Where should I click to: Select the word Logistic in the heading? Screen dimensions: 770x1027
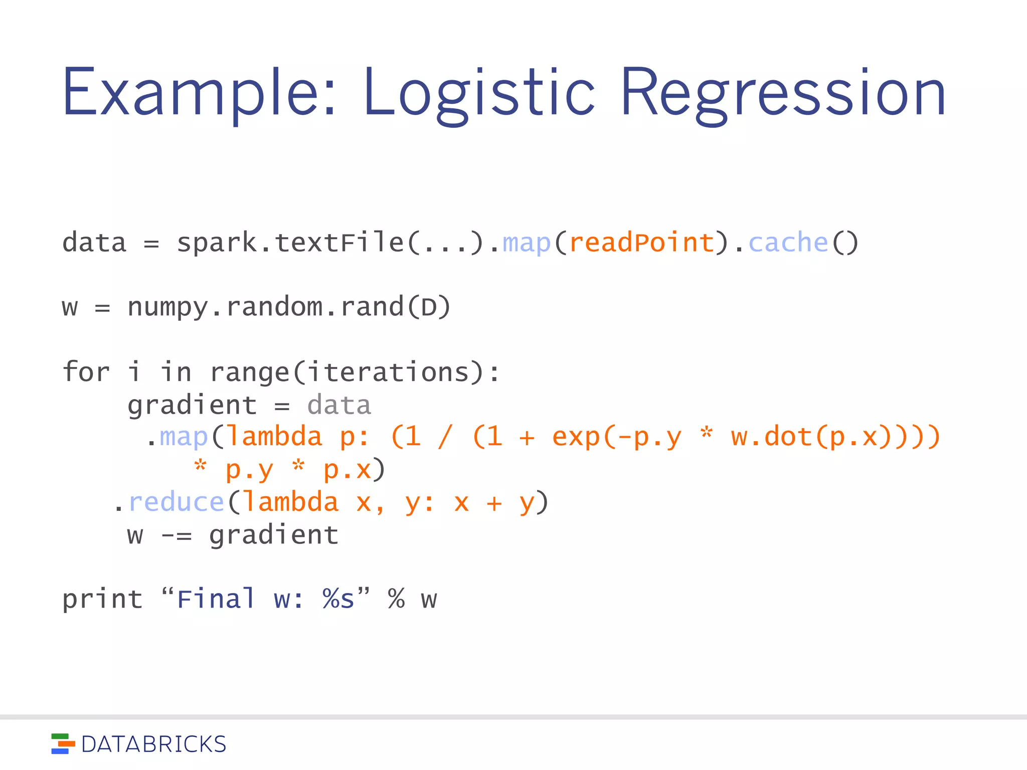(478, 93)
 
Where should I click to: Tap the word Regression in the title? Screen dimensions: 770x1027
(782, 93)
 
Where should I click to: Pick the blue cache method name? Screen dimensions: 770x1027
(788, 243)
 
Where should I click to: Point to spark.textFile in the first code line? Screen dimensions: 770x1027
(290, 243)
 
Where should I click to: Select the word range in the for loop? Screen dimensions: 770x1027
(250, 372)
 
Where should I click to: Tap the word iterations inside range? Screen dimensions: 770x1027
(388, 372)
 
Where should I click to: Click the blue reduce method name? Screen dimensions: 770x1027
(176, 502)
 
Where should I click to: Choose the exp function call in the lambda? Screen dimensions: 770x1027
(576, 437)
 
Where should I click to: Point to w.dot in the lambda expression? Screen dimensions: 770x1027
(772, 437)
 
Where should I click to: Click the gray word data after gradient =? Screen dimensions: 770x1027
(339, 405)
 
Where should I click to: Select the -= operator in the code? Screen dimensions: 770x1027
(176, 535)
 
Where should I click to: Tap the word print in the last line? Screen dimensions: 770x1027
(102, 600)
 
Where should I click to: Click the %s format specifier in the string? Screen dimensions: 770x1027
(338, 600)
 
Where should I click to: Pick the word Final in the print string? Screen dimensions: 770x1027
(216, 600)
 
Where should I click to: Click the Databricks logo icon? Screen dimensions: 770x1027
(63, 744)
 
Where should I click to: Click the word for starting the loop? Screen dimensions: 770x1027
(86, 372)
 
